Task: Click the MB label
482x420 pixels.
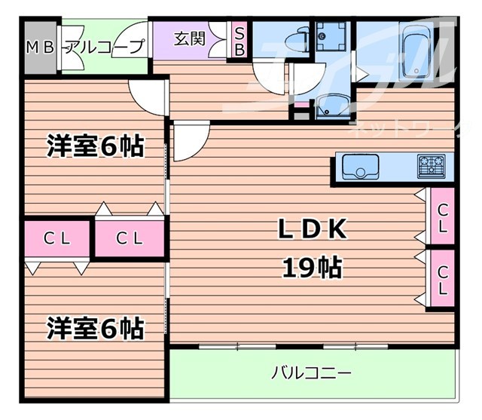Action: click(40, 47)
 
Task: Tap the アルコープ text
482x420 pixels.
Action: click(106, 47)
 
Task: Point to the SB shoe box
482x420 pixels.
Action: click(239, 41)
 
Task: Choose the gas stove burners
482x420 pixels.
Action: click(433, 164)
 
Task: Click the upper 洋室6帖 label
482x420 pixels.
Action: click(94, 146)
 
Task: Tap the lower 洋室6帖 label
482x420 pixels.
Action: click(95, 328)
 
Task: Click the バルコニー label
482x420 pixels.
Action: click(312, 373)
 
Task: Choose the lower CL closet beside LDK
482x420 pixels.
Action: click(443, 280)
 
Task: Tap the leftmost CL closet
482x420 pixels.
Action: click(56, 239)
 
